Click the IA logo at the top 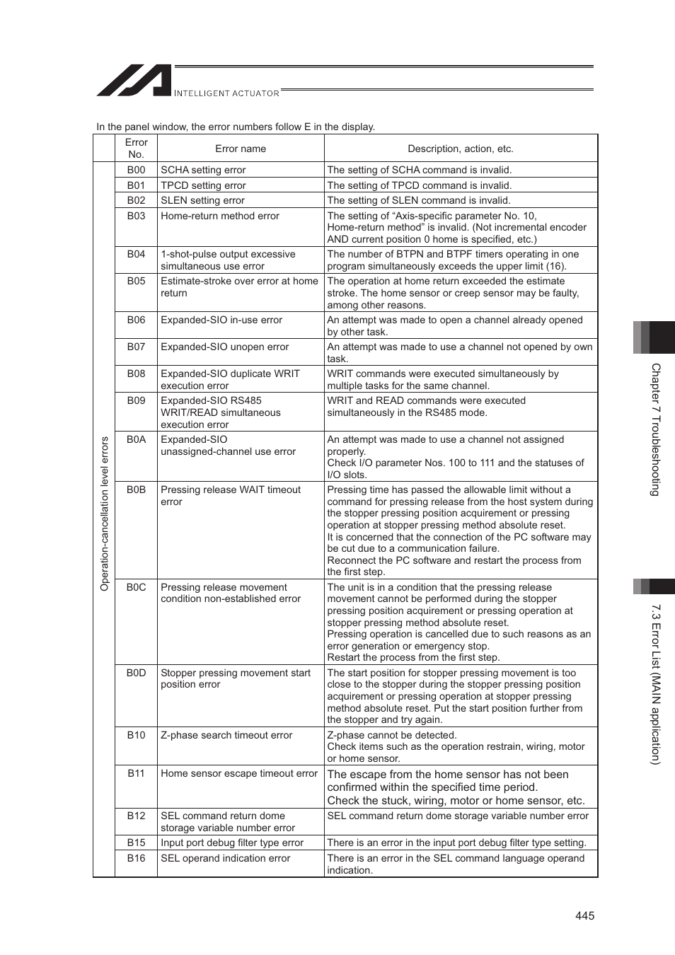(x=134, y=81)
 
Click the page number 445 (x=584, y=915)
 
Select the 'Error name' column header (x=241, y=149)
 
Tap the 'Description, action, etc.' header (x=461, y=149)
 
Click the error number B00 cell (x=136, y=170)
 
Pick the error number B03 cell (x=136, y=216)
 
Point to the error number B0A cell (x=136, y=439)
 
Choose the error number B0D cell (x=136, y=673)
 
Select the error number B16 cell (x=136, y=858)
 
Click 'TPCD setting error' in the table (x=203, y=185)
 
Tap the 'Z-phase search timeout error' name (x=226, y=735)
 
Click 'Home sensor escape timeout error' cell (x=239, y=773)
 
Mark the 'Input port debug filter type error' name (x=232, y=843)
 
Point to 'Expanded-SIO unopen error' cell (x=225, y=347)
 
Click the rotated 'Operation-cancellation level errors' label (x=105, y=514)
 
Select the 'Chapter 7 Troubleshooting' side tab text (x=656, y=429)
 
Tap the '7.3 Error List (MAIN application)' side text (x=656, y=683)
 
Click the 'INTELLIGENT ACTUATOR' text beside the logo (x=226, y=93)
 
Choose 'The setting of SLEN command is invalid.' (x=419, y=200)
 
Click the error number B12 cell (x=136, y=816)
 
